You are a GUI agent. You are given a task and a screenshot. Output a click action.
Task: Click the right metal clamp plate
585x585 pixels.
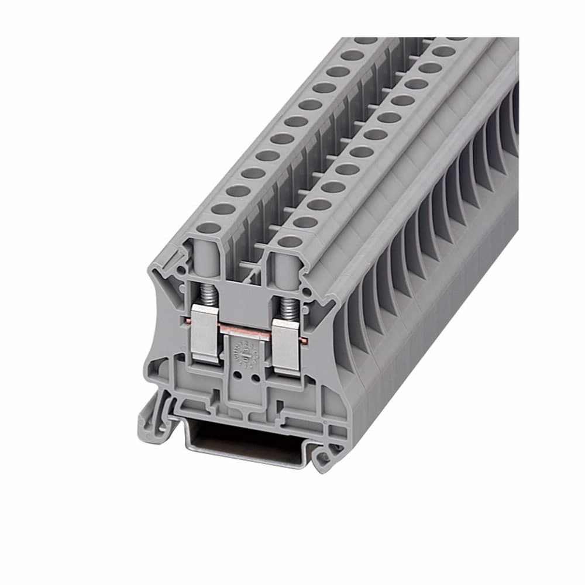coord(287,348)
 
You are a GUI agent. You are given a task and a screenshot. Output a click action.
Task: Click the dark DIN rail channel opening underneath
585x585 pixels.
coord(246,436)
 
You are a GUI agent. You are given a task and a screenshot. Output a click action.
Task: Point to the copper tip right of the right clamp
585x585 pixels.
coord(304,340)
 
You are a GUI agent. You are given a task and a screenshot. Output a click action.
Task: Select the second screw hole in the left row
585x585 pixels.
coord(223,208)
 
